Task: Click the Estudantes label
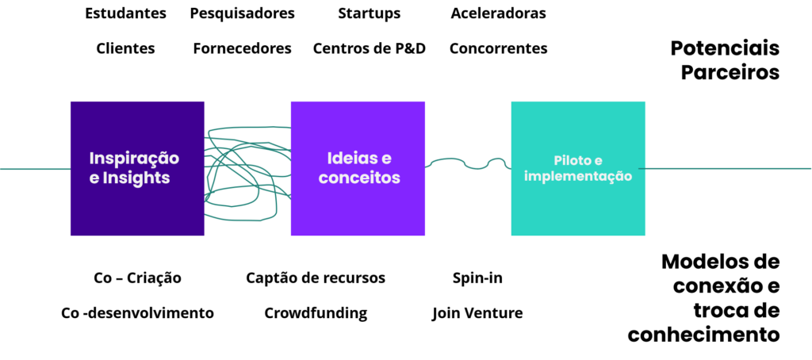pyautogui.click(x=126, y=13)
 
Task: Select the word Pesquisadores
pyautogui.click(x=243, y=14)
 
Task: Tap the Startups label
pyautogui.click(x=370, y=14)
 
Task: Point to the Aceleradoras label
pyautogui.click(x=498, y=13)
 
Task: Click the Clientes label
pyautogui.click(x=126, y=48)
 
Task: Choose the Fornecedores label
pyautogui.click(x=243, y=48)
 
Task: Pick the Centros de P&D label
pyautogui.click(x=370, y=48)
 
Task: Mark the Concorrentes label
pyautogui.click(x=498, y=48)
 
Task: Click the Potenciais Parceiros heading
pyautogui.click(x=725, y=60)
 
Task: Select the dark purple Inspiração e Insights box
pyautogui.click(x=137, y=168)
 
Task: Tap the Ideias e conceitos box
pyautogui.click(x=358, y=168)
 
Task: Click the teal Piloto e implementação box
pyautogui.click(x=578, y=168)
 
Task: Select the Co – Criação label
pyautogui.click(x=138, y=278)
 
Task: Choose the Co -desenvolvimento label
pyautogui.click(x=138, y=313)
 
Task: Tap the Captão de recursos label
pyautogui.click(x=316, y=278)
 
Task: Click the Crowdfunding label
pyautogui.click(x=316, y=313)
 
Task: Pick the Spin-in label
pyautogui.click(x=477, y=278)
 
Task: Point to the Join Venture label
pyautogui.click(x=477, y=313)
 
